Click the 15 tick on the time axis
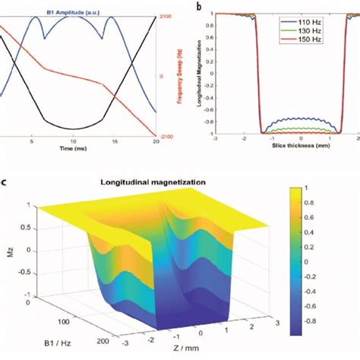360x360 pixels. point(115,143)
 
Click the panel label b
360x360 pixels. point(199,7)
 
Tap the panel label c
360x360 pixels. point(5,182)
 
